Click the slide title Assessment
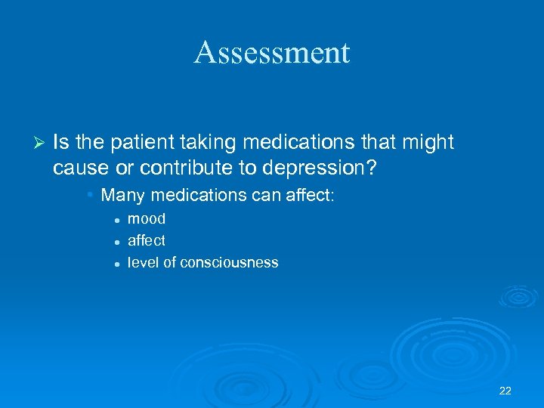click(x=272, y=52)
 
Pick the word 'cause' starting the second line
click(x=79, y=166)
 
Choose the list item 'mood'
click(x=147, y=219)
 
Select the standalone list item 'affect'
click(x=147, y=240)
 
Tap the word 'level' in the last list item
click(x=143, y=262)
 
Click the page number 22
click(x=505, y=391)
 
